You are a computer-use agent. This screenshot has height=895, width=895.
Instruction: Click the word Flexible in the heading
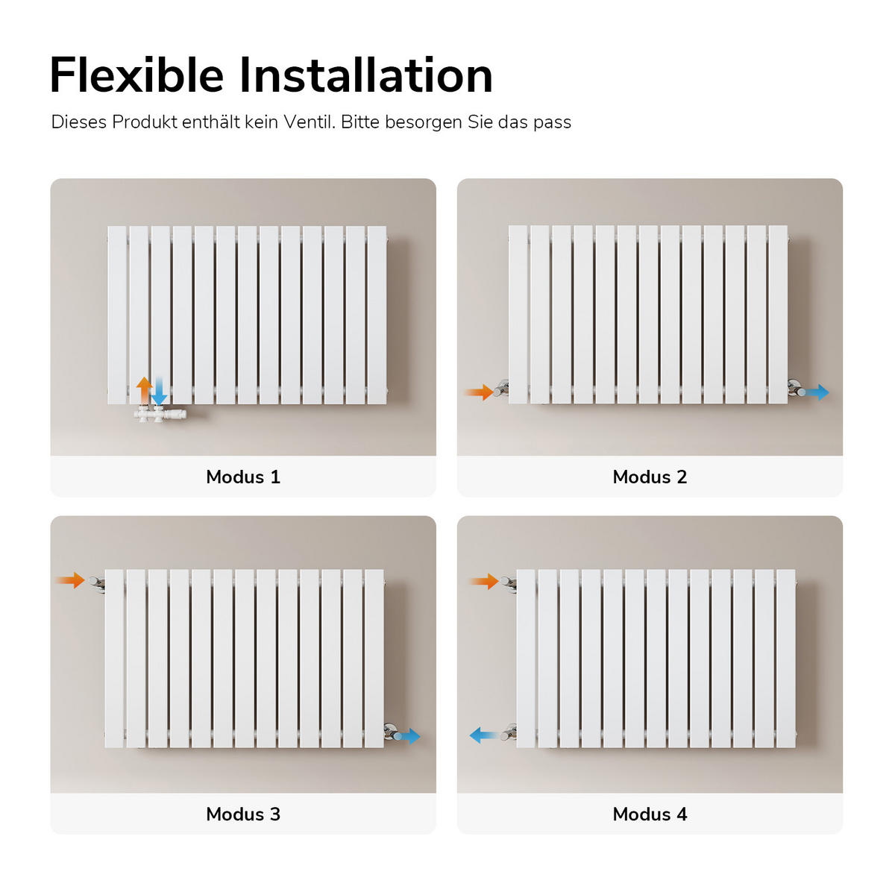(136, 75)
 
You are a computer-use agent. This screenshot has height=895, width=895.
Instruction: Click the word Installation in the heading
(366, 75)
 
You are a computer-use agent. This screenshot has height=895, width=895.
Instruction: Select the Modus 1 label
(243, 477)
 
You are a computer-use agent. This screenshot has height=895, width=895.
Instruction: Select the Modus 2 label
(650, 477)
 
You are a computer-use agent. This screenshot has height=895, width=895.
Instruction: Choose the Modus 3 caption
(243, 814)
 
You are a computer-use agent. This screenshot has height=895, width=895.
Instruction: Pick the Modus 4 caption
(650, 814)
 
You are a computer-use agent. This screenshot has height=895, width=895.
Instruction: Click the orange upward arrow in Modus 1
(145, 390)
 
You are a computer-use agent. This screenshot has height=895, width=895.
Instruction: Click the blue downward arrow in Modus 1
(160, 391)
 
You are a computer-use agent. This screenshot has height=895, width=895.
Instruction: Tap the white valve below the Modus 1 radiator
(160, 413)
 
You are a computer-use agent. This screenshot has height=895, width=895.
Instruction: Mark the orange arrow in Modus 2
(479, 392)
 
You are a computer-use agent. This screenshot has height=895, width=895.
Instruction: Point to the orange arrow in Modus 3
(70, 580)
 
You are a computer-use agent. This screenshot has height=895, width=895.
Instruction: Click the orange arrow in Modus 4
(484, 581)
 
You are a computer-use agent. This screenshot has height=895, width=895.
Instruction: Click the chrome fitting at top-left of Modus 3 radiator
(97, 582)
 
